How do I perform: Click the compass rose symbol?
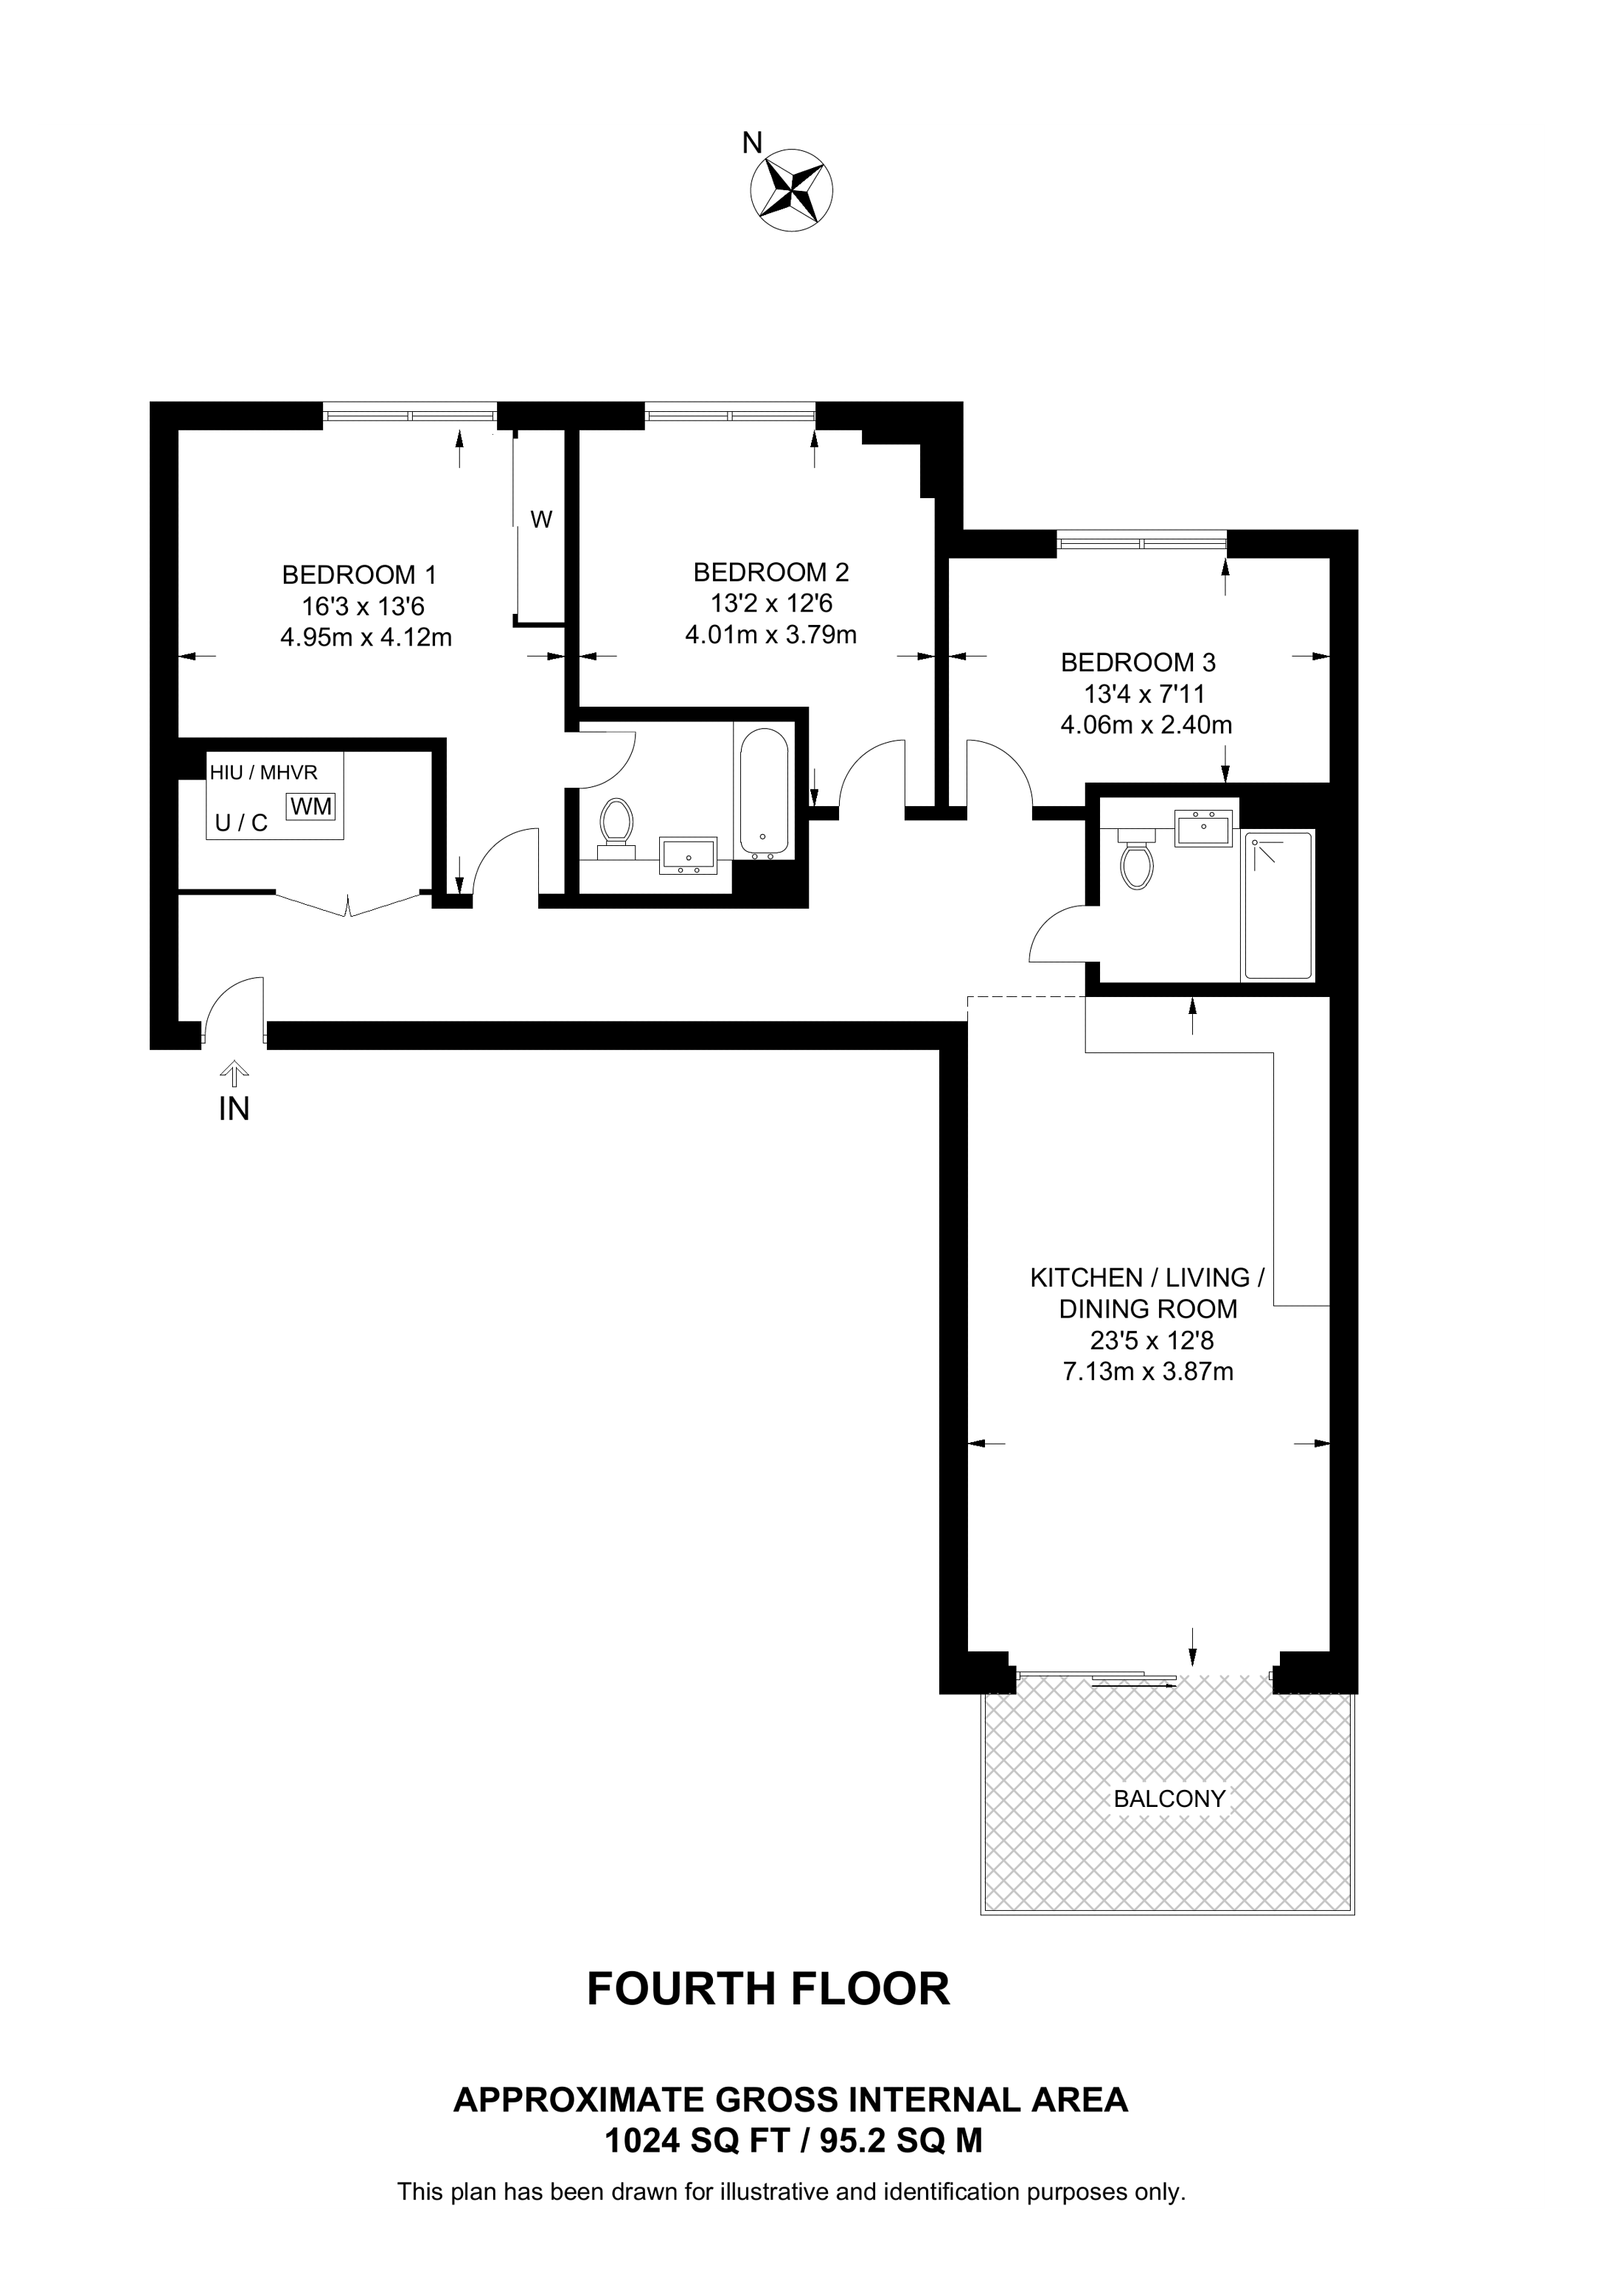click(x=792, y=191)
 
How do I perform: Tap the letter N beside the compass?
click(x=751, y=144)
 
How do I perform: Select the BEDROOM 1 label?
click(x=359, y=575)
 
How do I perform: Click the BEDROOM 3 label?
click(x=1138, y=662)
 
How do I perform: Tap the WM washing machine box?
click(x=311, y=806)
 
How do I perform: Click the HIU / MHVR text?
click(x=263, y=772)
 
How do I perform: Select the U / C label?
click(x=242, y=823)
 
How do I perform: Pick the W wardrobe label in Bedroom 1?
click(x=540, y=520)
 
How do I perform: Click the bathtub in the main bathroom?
click(x=765, y=791)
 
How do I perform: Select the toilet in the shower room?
click(x=1136, y=857)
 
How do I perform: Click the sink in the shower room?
click(x=1203, y=828)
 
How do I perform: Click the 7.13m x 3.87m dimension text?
click(x=1147, y=1371)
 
